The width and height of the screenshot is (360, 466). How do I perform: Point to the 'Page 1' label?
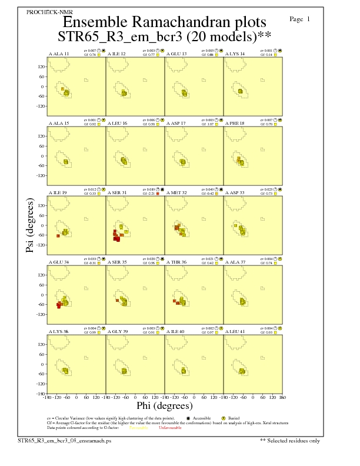[300, 19]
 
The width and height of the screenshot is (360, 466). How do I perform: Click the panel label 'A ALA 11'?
[58, 54]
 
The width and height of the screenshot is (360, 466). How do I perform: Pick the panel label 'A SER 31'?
[116, 192]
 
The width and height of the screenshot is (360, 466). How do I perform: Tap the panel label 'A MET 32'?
[176, 192]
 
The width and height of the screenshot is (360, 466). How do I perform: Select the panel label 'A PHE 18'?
[235, 124]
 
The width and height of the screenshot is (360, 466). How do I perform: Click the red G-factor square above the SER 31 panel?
[157, 193]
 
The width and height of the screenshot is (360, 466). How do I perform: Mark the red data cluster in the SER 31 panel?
[116, 236]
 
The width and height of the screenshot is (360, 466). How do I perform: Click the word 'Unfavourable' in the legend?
[171, 428]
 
